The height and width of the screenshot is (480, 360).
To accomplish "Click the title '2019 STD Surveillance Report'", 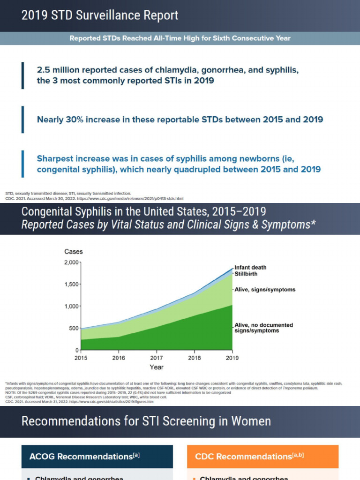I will coord(100,15).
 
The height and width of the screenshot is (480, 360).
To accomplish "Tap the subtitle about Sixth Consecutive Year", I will coord(180,38).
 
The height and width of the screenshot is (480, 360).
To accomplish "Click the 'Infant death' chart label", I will coord(250,267).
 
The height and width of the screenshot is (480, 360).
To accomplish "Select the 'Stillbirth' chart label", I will coord(246,273).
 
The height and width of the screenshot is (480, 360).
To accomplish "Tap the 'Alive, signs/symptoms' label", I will coord(265,290).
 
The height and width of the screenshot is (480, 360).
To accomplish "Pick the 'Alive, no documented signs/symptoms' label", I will coord(263,328).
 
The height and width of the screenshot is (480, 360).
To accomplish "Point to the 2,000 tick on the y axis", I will coord(71,262).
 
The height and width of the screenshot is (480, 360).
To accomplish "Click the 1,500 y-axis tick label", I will coord(71,285).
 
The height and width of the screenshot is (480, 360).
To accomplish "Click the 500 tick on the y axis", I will coord(74,328).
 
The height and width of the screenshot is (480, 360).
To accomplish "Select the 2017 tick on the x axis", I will coord(157,358).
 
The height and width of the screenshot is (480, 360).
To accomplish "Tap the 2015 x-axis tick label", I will coord(81,358).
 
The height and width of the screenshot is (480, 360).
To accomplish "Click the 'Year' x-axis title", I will coord(157,367).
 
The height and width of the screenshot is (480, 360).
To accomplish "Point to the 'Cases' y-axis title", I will coord(74,252).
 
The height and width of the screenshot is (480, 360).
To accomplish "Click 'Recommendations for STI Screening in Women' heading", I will coord(146,421).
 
